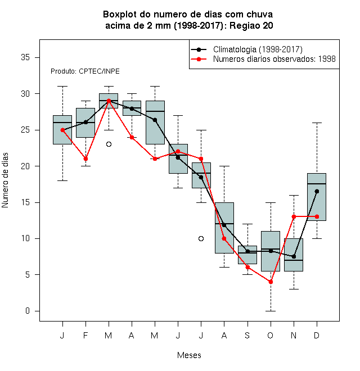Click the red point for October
271,282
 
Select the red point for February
85,159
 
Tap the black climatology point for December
317,191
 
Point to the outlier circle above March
109,144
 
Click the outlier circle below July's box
201,238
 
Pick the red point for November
294,216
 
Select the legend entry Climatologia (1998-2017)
247,49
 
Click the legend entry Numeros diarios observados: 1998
263,59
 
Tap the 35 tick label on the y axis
25,57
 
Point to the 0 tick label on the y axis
28,311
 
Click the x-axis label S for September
247,335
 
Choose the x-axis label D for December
317,335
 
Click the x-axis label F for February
85,335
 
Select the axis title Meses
189,355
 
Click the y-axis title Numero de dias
5,180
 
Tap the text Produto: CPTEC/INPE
85,71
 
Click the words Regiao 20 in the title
251,25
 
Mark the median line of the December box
317,184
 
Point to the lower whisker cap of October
271,311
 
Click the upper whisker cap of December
317,123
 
